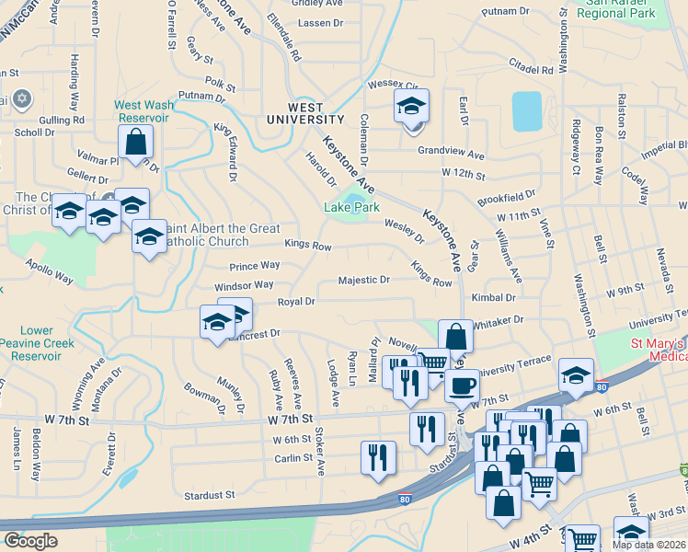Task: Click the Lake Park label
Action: point(352,208)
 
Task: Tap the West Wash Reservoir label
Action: point(142,111)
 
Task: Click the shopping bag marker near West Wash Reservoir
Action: point(136,143)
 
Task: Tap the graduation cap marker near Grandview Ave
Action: point(411,108)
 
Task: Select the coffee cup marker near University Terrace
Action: point(463,384)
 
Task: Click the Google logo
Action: point(30,541)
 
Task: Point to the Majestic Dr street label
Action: point(364,280)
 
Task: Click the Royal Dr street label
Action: point(296,302)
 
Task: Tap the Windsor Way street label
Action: point(245,287)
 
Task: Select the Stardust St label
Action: point(210,495)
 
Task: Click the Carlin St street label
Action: point(294,457)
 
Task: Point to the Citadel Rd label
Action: point(531,69)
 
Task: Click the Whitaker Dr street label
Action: point(498,319)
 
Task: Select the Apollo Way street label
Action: point(50,275)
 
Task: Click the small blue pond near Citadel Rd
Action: point(526,109)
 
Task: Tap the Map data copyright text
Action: point(651,545)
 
